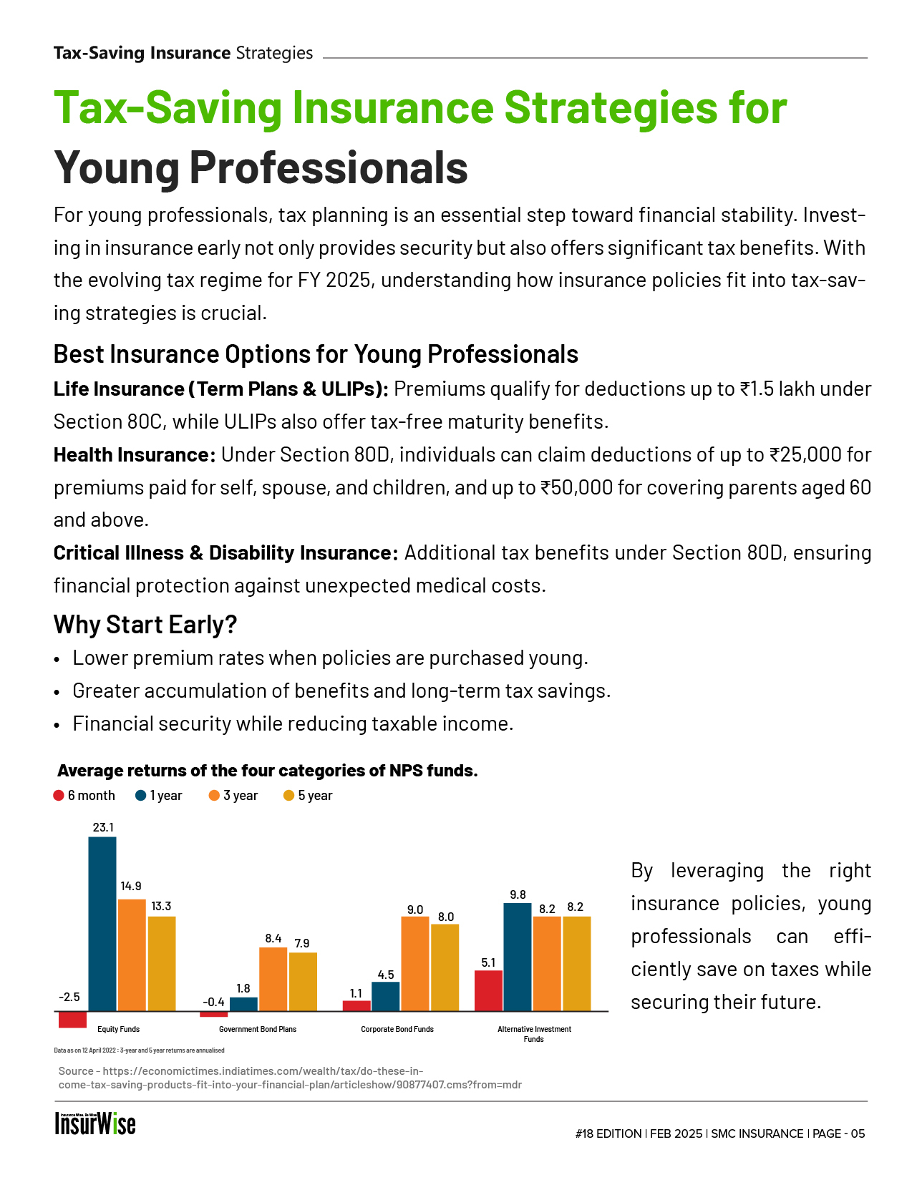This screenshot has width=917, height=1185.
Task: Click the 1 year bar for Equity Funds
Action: coord(102,923)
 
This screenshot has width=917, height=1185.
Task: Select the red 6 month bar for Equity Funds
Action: coord(72,1019)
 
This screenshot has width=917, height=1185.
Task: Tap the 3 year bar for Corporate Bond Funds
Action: coord(415,963)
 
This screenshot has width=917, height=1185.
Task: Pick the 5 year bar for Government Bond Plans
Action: coord(303,981)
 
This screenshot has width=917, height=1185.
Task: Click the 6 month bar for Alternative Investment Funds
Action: coord(488,990)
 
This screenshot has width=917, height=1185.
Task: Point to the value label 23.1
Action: coord(103,827)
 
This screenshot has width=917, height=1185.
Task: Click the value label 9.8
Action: coord(518,894)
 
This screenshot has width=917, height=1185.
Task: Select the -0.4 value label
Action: coord(213,1002)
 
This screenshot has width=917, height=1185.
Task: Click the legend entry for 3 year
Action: coord(233,796)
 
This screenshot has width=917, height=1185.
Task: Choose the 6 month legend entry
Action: coord(84,796)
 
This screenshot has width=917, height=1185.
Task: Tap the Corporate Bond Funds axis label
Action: coord(397,1029)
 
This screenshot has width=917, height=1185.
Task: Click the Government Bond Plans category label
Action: coord(258,1029)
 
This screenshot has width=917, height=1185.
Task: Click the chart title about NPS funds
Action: coord(267,771)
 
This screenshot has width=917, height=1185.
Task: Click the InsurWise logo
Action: coord(95,1124)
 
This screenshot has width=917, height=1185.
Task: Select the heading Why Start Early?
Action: coord(145,625)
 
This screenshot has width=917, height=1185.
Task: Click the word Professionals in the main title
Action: coord(329,167)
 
